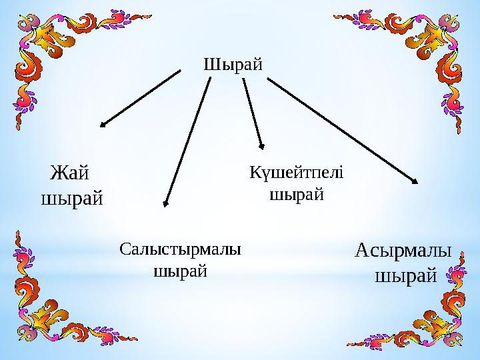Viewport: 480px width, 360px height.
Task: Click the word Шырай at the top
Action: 232,65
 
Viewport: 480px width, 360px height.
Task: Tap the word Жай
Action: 70,173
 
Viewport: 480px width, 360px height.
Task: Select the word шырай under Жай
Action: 73,198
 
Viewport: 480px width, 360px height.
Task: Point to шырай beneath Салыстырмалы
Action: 180,271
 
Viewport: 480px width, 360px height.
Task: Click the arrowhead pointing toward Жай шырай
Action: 104,123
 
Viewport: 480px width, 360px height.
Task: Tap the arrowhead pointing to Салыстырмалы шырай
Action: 166,201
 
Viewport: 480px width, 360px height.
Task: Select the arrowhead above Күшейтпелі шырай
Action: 261,147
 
